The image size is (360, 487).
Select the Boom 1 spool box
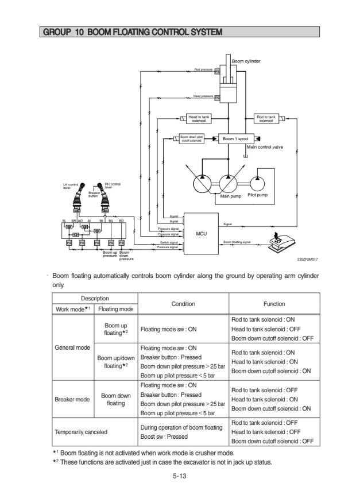click(x=234, y=138)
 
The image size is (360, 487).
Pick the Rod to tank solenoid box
click(x=266, y=118)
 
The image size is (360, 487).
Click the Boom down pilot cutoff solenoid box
click(x=191, y=138)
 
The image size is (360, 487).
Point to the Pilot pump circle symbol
click(x=256, y=182)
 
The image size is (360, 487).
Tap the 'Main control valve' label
click(x=265, y=147)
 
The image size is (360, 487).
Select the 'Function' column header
click(x=274, y=304)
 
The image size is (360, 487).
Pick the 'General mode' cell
click(x=72, y=347)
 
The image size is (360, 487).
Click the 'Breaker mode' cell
click(x=72, y=399)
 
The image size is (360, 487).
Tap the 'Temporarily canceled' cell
click(x=80, y=431)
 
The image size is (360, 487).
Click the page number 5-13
click(x=180, y=476)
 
